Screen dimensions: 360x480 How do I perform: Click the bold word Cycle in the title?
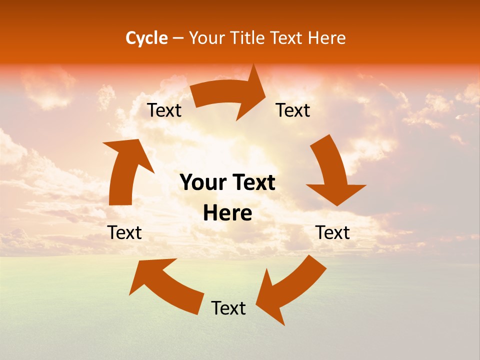(x=146, y=38)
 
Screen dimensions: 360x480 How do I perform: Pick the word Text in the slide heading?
(x=286, y=38)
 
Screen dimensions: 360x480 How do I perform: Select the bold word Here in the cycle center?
(x=227, y=213)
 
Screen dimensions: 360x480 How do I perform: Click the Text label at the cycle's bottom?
(x=228, y=308)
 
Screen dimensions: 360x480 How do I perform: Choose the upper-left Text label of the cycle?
(x=164, y=110)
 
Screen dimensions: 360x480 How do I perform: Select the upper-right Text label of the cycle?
(x=293, y=110)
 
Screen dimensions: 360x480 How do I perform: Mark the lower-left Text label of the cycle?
(x=125, y=232)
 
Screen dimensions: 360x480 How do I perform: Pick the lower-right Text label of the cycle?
(x=332, y=232)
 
